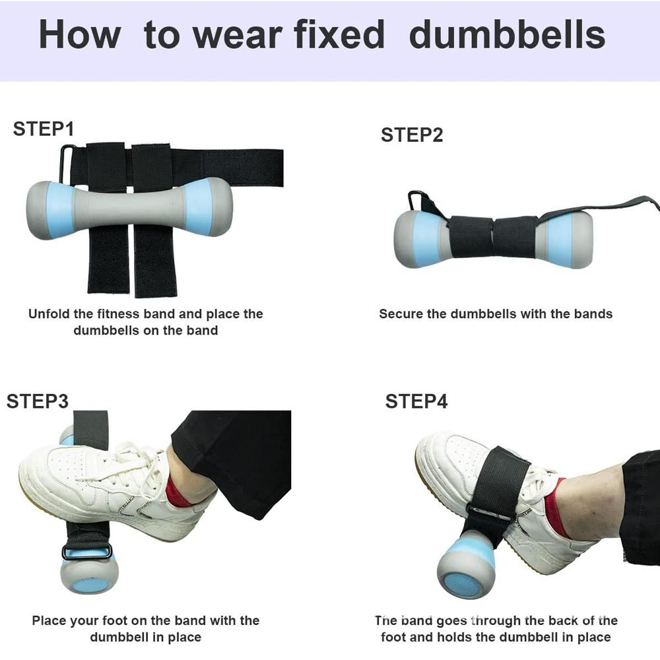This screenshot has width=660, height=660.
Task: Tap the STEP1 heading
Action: click(44, 129)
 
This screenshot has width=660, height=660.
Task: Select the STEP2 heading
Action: click(412, 135)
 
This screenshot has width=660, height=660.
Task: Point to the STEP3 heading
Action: click(38, 401)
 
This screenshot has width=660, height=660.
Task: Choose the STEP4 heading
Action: click(416, 401)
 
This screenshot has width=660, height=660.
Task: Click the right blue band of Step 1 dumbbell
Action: click(199, 206)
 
